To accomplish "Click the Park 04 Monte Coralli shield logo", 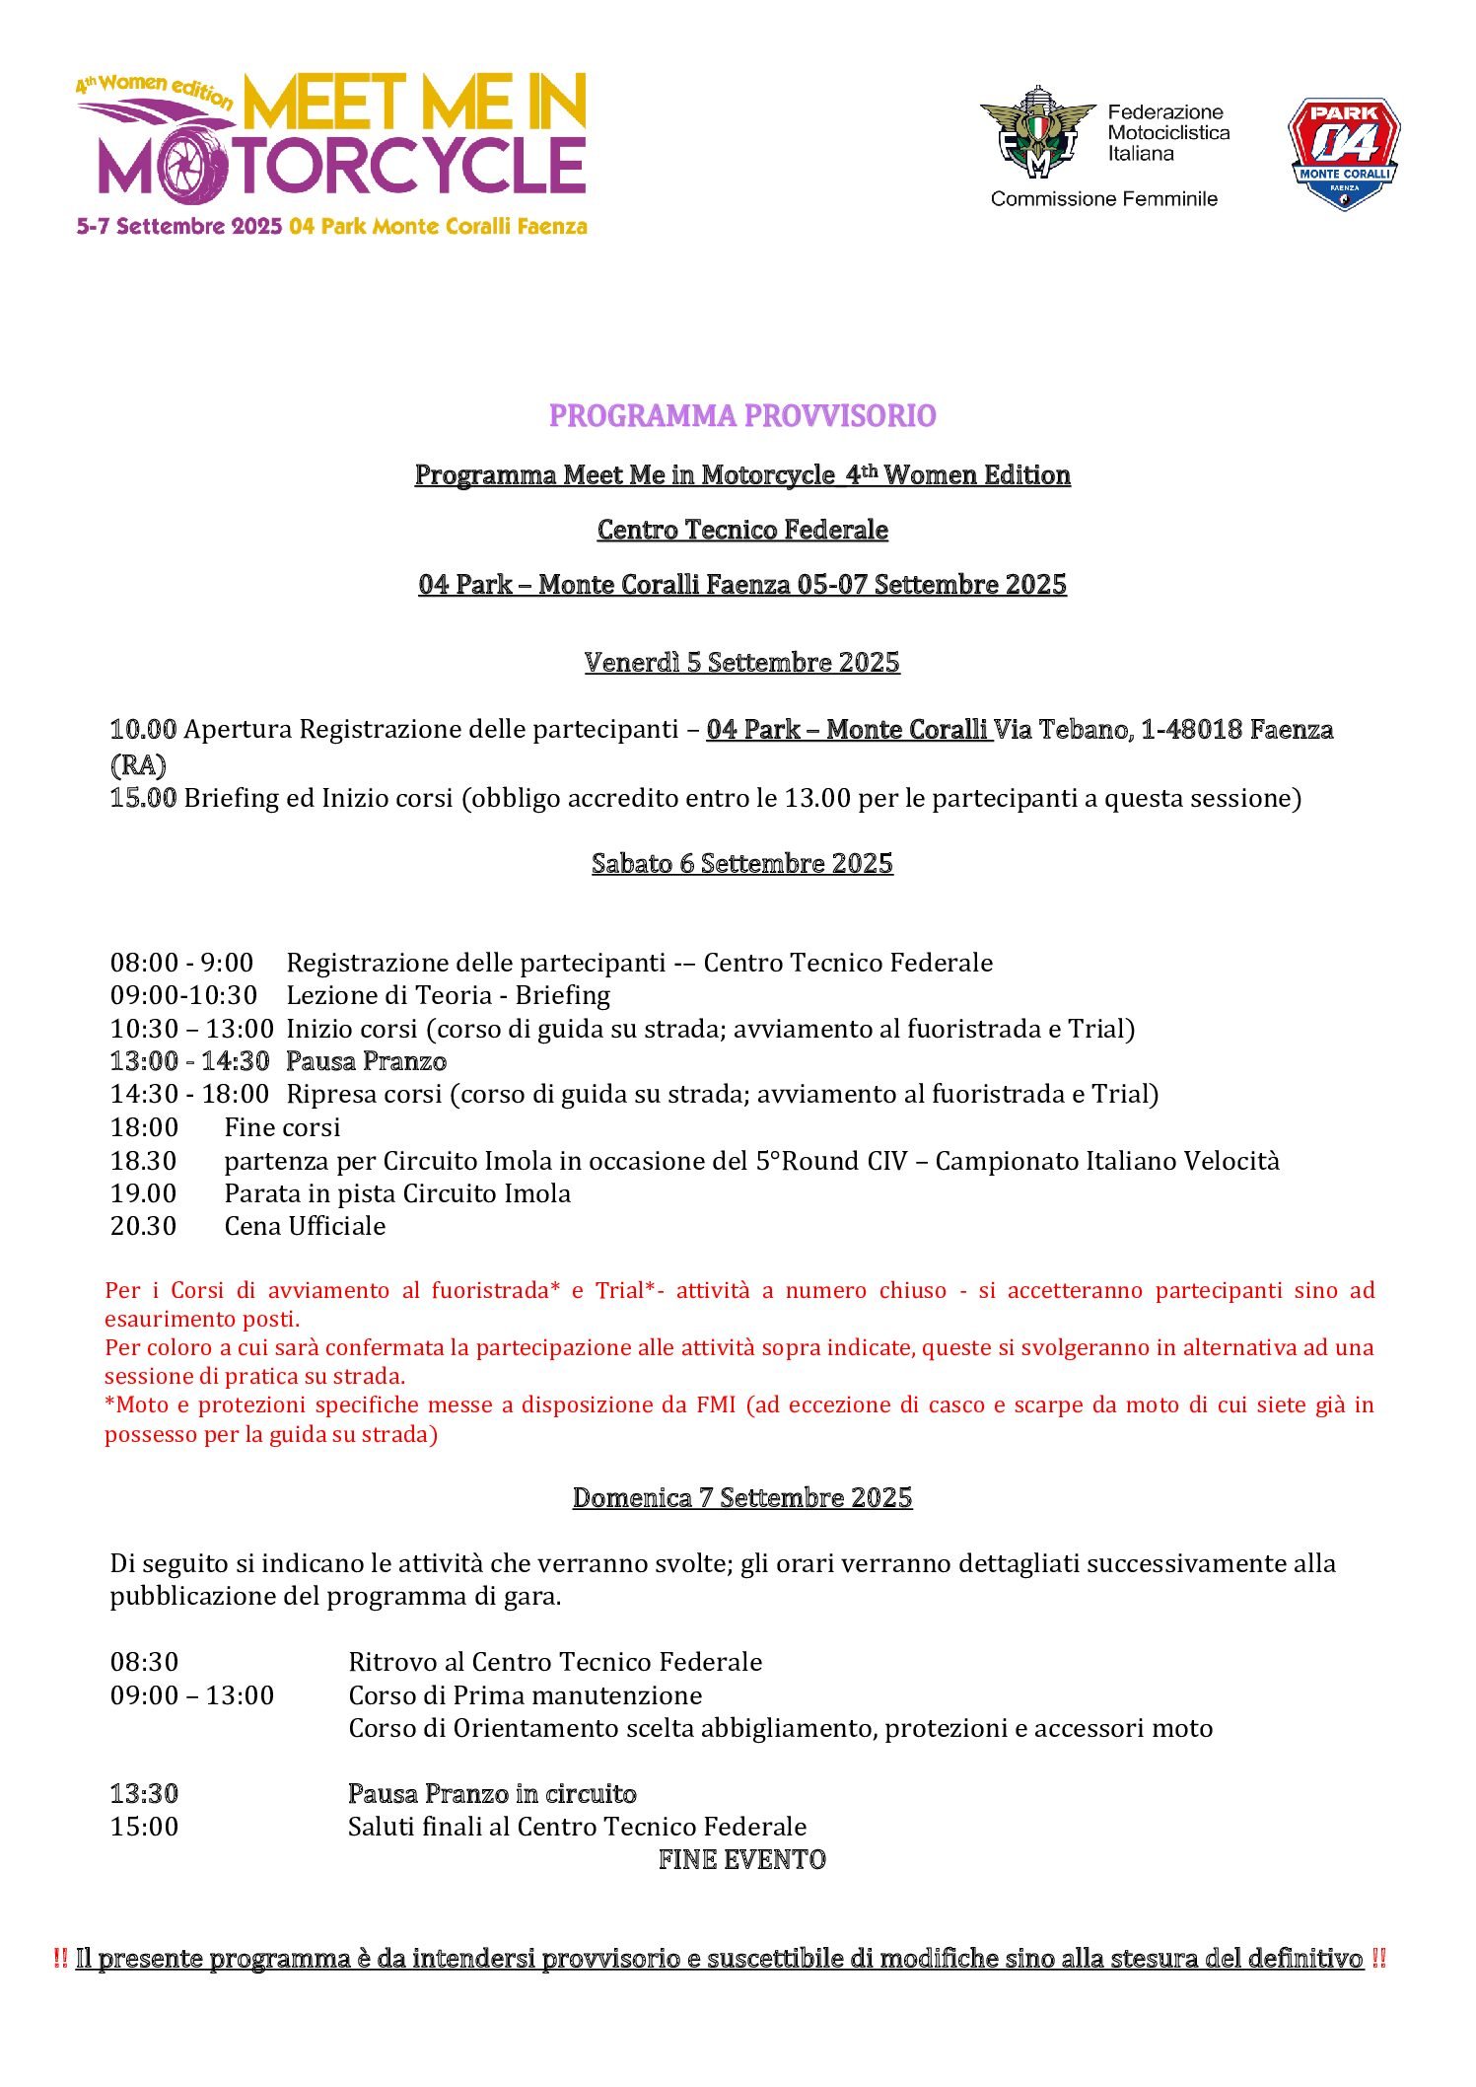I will click(1344, 153).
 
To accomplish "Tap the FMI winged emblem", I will click(1037, 132).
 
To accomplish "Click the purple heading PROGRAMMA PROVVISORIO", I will click(741, 416).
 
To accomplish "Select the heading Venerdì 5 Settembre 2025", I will click(741, 662).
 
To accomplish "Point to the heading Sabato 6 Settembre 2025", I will click(741, 863).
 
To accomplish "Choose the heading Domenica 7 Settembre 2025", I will click(741, 1497).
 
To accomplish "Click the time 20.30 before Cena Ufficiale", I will click(143, 1226).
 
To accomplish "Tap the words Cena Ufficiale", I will click(305, 1226).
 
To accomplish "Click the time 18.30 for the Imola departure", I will click(143, 1161).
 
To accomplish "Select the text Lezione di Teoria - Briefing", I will click(448, 995).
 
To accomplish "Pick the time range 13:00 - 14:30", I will click(189, 1061).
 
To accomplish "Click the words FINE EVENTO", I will click(741, 1859).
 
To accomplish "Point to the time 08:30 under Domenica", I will click(144, 1662).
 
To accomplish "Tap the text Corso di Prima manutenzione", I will click(525, 1695).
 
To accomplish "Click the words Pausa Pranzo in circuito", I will click(492, 1793).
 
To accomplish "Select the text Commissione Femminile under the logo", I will click(1103, 199).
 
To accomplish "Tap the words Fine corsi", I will click(282, 1127).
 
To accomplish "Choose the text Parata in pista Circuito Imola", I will click(397, 1193).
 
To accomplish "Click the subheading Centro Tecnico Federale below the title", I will click(741, 530).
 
